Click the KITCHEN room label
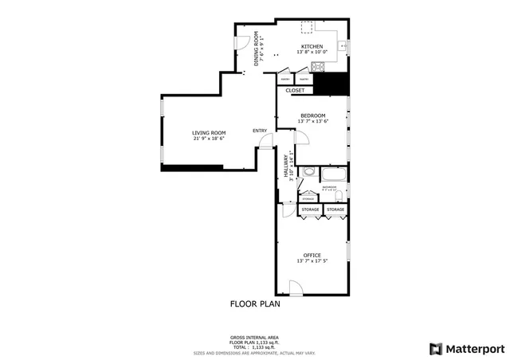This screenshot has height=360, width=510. click(x=312, y=47)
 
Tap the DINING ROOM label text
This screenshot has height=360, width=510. click(x=257, y=48)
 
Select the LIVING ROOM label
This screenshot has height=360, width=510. click(x=208, y=132)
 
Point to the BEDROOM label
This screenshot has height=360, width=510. click(x=312, y=115)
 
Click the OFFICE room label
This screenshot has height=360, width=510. click(x=312, y=255)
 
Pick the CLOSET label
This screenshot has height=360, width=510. click(x=295, y=90)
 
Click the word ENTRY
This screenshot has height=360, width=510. click(x=260, y=131)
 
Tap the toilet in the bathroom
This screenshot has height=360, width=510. click(x=339, y=194)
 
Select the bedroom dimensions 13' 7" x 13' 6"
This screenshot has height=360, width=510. click(x=312, y=121)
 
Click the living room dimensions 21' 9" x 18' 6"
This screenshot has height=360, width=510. click(x=208, y=139)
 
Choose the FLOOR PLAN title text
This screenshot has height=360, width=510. click(x=255, y=303)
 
